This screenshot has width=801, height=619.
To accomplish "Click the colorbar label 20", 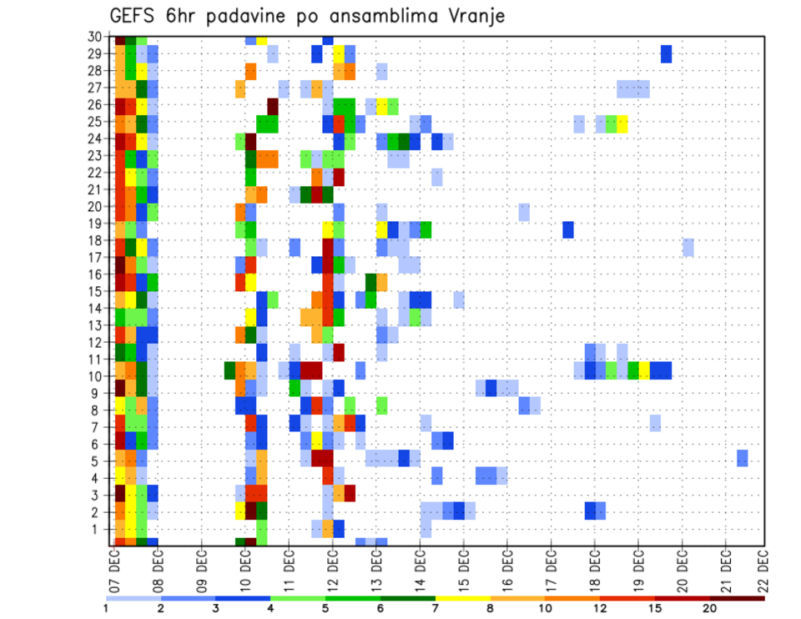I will (x=710, y=609).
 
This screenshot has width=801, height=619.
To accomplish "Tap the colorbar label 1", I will (x=106, y=609).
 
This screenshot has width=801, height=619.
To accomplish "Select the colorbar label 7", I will (x=436, y=609).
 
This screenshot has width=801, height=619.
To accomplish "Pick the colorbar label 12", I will (x=600, y=609).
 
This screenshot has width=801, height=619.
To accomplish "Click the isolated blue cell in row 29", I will (x=666, y=53).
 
